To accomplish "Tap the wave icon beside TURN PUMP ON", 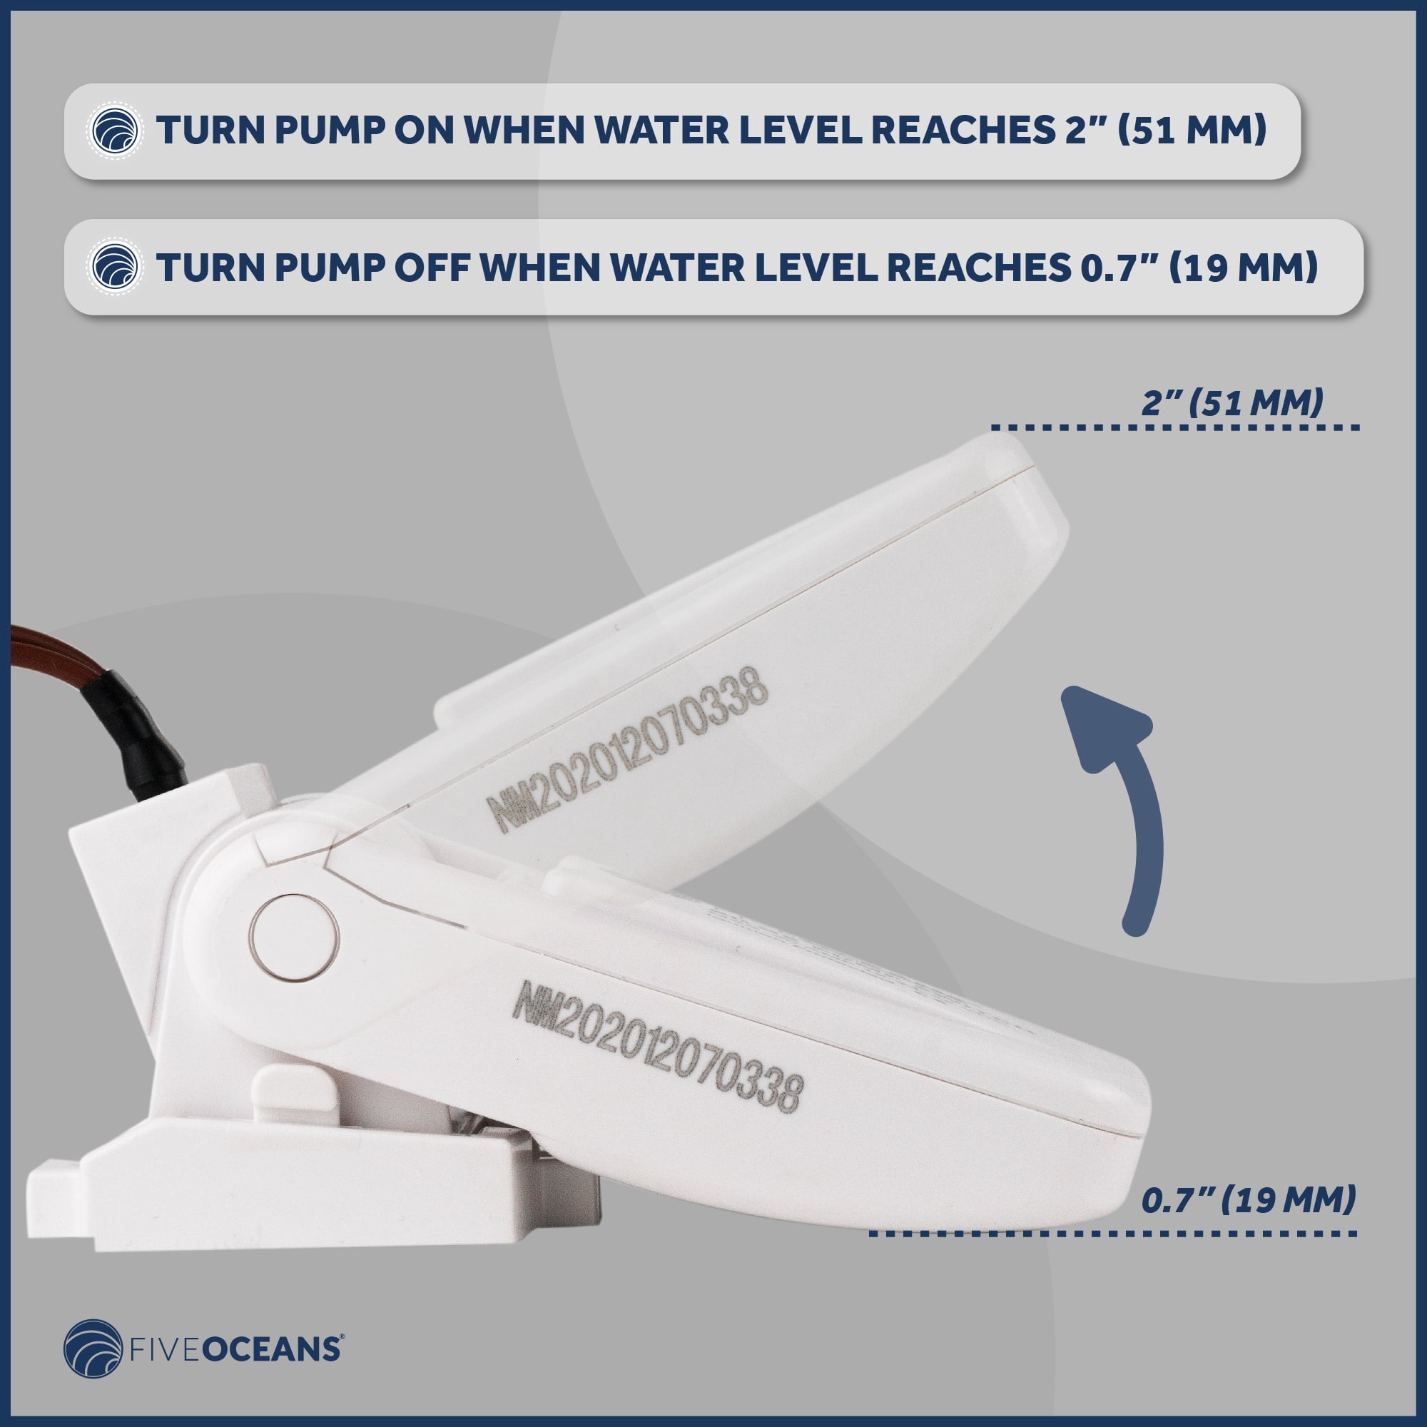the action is tap(115, 131).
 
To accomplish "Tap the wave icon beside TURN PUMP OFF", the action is tap(115, 268).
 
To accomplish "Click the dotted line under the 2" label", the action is tap(1174, 427).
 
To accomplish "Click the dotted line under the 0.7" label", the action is tap(1113, 1233).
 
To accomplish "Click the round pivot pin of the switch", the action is tap(295, 938).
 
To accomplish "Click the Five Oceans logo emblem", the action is tap(93, 1349).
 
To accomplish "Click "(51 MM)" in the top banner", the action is tap(1192, 131).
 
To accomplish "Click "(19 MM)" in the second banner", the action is tap(1244, 268).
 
